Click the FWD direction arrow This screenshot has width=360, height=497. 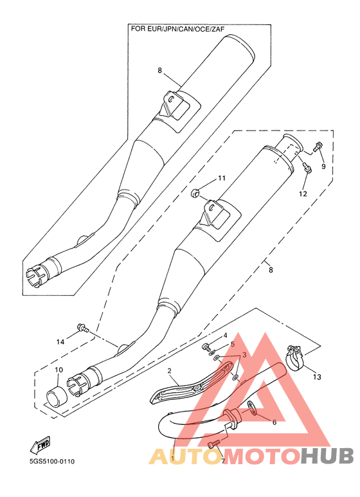pos(40,444)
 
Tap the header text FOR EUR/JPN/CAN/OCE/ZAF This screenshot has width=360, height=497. pos(178,29)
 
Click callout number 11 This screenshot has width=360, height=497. pos(222,178)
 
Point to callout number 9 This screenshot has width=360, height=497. pos(323,166)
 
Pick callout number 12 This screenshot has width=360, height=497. pos(303,194)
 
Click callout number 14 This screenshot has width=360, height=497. pos(60,341)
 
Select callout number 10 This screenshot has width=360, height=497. pos(59,370)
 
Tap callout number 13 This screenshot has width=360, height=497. pos(317,377)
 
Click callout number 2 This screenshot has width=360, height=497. pos(170,370)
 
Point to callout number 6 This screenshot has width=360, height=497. pos(274,422)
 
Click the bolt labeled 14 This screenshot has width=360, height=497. pos(83,328)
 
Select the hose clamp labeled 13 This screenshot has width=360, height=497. pos(295,358)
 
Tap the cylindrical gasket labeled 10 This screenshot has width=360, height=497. pos(57,397)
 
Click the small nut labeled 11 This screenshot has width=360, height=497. pos(195,192)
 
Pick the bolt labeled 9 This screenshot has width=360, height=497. pos(318,147)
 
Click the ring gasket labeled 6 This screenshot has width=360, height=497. pos(252,408)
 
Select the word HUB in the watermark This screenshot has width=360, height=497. pos(327,456)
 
